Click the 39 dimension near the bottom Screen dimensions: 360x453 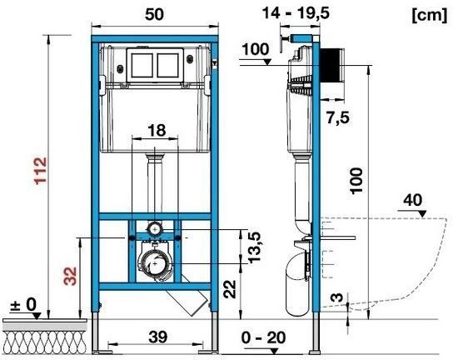click(x=156, y=336)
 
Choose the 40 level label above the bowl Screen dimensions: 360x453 click(x=412, y=199)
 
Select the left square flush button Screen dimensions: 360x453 click(x=141, y=67)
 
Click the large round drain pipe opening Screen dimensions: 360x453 click(x=155, y=265)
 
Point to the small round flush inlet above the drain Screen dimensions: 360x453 click(x=155, y=227)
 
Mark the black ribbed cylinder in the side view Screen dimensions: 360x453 click(x=331, y=68)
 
